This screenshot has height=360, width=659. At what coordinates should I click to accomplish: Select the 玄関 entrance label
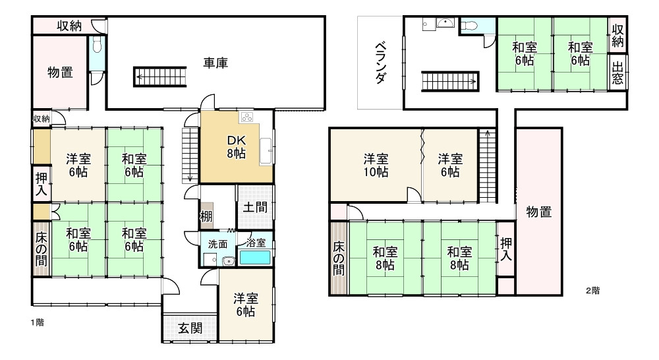[190, 328]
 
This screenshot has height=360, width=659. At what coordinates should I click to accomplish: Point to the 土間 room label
[254, 206]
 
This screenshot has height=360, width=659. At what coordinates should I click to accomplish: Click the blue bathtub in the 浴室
[254, 257]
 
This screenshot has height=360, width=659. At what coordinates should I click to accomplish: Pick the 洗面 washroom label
[217, 243]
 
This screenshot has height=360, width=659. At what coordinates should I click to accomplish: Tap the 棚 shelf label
[206, 216]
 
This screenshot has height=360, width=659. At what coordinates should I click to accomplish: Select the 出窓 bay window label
[617, 74]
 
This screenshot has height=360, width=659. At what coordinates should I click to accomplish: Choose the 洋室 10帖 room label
[376, 165]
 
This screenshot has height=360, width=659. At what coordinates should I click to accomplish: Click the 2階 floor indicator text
[592, 290]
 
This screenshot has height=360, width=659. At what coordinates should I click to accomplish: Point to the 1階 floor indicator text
[37, 323]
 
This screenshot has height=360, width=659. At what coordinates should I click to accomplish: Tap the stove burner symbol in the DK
[248, 117]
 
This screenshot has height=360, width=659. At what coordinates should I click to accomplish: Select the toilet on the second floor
[470, 26]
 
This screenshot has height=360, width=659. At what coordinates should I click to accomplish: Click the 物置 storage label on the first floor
[60, 73]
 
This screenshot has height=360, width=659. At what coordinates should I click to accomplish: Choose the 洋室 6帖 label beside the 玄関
[244, 305]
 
